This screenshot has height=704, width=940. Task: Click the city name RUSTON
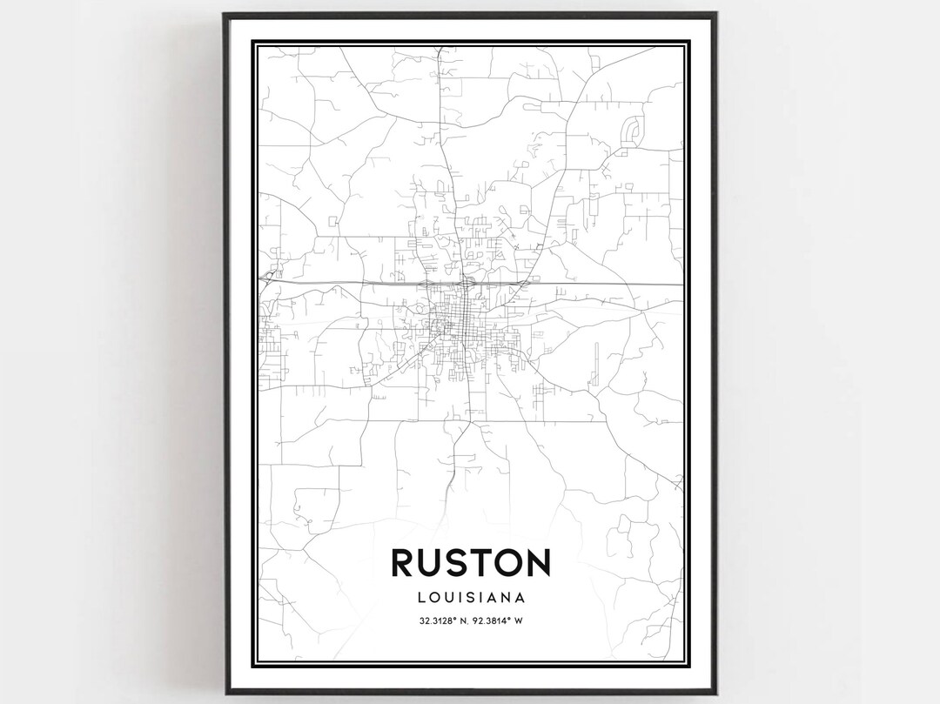coord(470,562)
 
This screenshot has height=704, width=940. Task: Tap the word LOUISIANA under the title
coord(470,598)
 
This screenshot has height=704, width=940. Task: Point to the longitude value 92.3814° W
coord(502,620)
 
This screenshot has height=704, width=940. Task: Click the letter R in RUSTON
coord(404,562)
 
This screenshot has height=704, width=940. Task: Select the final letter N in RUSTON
coord(536,562)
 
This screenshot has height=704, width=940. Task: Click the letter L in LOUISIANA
coord(422,598)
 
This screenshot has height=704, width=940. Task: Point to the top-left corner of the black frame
coord(225,14)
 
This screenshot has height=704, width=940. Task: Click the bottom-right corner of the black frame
coord(715,692)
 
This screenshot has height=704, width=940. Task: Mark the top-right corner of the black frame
coord(715,14)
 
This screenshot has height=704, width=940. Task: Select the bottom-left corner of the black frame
coord(225,692)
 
